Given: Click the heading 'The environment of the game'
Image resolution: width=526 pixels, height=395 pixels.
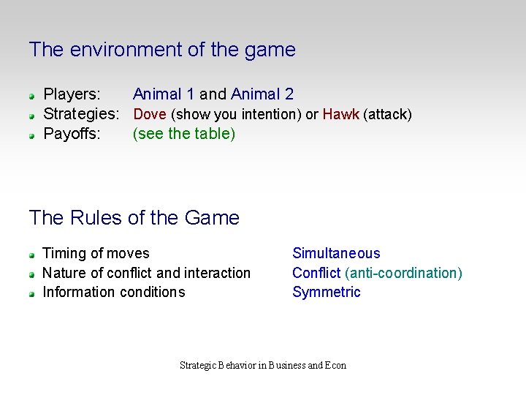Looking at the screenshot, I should pos(162,50).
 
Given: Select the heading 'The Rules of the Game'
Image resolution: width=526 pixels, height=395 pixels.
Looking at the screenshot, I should pos(134,218).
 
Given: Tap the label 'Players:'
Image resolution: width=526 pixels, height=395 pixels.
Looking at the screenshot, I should pos(72,94).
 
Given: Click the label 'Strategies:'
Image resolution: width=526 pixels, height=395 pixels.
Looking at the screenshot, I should pos(81,114).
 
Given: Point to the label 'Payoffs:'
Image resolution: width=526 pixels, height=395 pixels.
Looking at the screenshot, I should pos(72,134).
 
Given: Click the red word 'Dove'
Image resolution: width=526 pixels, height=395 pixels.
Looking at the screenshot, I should pos(150,114).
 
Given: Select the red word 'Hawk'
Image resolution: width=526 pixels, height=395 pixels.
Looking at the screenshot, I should pos(340,114).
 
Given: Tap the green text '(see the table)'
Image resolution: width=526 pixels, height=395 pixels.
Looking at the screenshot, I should pos(184,134).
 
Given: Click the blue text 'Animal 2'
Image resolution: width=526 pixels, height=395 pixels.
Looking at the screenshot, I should pos(262,94).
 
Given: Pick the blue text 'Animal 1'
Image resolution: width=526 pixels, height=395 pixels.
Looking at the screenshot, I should pos(164,94).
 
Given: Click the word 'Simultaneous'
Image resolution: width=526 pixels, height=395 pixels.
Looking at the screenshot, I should pos(336,254).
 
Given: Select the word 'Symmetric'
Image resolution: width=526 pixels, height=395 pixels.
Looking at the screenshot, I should pos(327,293).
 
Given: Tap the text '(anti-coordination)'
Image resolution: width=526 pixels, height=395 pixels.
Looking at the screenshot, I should pos(404,273).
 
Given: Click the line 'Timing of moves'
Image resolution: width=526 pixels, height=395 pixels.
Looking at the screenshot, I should pos(96,254).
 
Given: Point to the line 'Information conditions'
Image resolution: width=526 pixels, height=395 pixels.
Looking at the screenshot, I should pos(114,293).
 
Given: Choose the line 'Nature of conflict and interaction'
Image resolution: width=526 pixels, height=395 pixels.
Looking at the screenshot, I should pos(146,273).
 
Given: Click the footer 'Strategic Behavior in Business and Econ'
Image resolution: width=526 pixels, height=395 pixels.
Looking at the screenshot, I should pos(263,365).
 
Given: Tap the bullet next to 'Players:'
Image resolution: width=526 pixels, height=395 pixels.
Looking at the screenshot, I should pos(33,96).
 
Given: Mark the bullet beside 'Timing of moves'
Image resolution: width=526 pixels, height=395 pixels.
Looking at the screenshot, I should pos(33,255).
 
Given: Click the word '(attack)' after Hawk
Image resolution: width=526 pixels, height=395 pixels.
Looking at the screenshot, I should pos(387,114).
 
